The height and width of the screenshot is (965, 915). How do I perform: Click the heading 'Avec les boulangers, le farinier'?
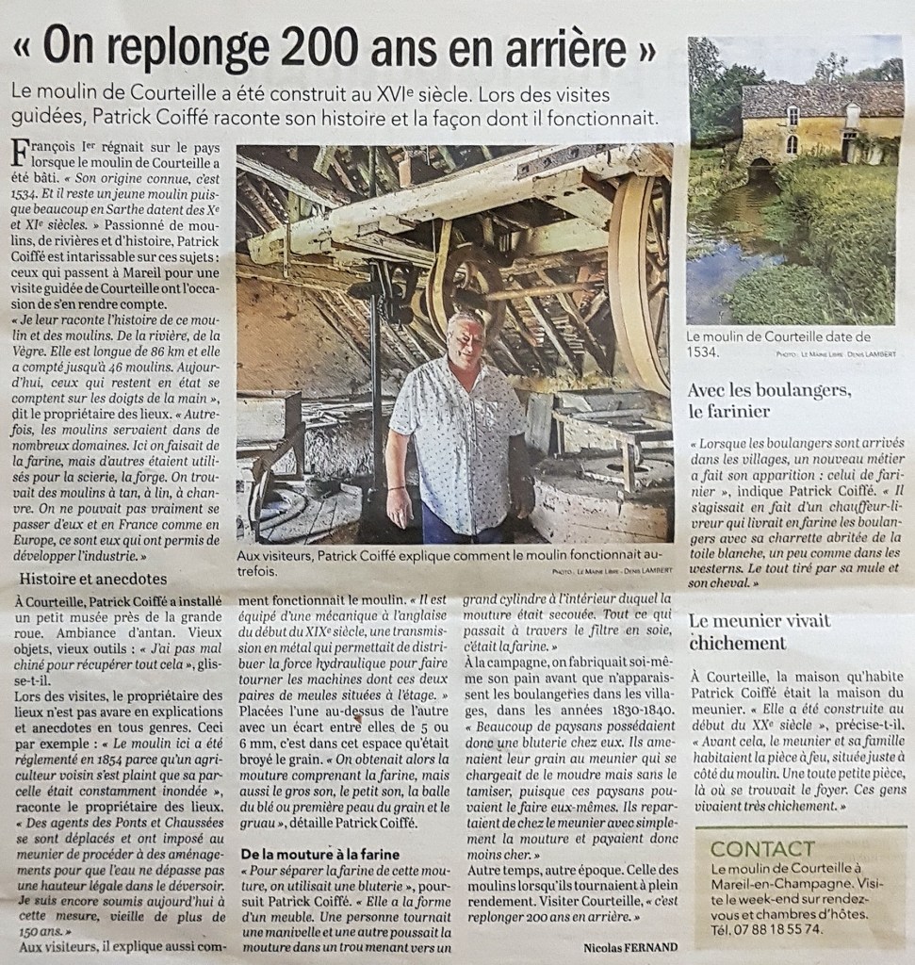pos(769,400)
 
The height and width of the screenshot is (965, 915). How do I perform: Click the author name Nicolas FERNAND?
pos(629,946)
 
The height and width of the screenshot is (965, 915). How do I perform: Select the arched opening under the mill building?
pos(759,171)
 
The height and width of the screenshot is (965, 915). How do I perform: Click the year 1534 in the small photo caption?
pos(702,352)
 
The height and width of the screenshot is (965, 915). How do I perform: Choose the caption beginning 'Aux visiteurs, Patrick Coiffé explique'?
pos(452,564)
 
